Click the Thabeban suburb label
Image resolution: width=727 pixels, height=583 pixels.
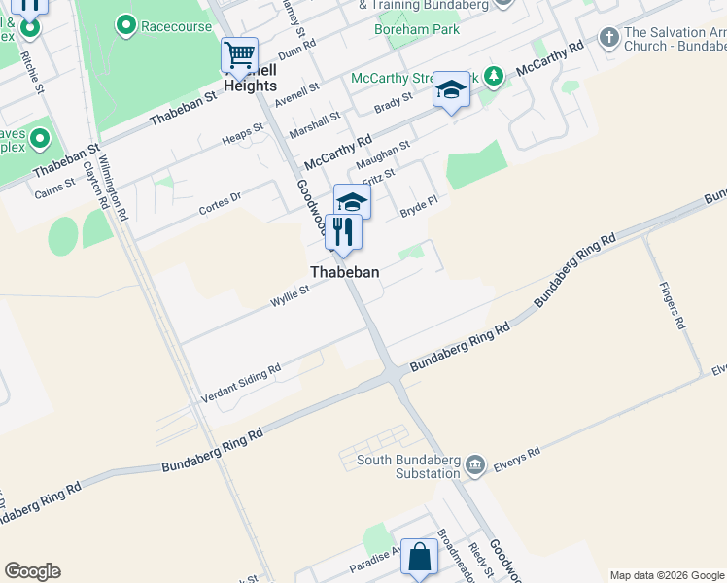click(344, 273)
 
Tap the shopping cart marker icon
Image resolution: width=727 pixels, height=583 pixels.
click(239, 54)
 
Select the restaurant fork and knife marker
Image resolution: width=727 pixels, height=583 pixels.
click(343, 232)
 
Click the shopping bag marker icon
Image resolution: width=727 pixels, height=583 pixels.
click(419, 558)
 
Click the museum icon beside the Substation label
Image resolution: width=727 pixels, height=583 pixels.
click(475, 465)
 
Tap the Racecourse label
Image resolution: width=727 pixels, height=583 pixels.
click(176, 26)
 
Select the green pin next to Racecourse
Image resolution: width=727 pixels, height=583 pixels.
click(125, 26)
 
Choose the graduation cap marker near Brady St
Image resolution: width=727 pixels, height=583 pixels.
click(450, 90)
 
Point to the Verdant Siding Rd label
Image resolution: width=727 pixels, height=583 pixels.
click(240, 384)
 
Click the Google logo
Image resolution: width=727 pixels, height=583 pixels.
click(32, 571)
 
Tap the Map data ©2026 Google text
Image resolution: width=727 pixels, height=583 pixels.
click(667, 575)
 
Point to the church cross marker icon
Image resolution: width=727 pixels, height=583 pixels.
click(609, 38)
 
